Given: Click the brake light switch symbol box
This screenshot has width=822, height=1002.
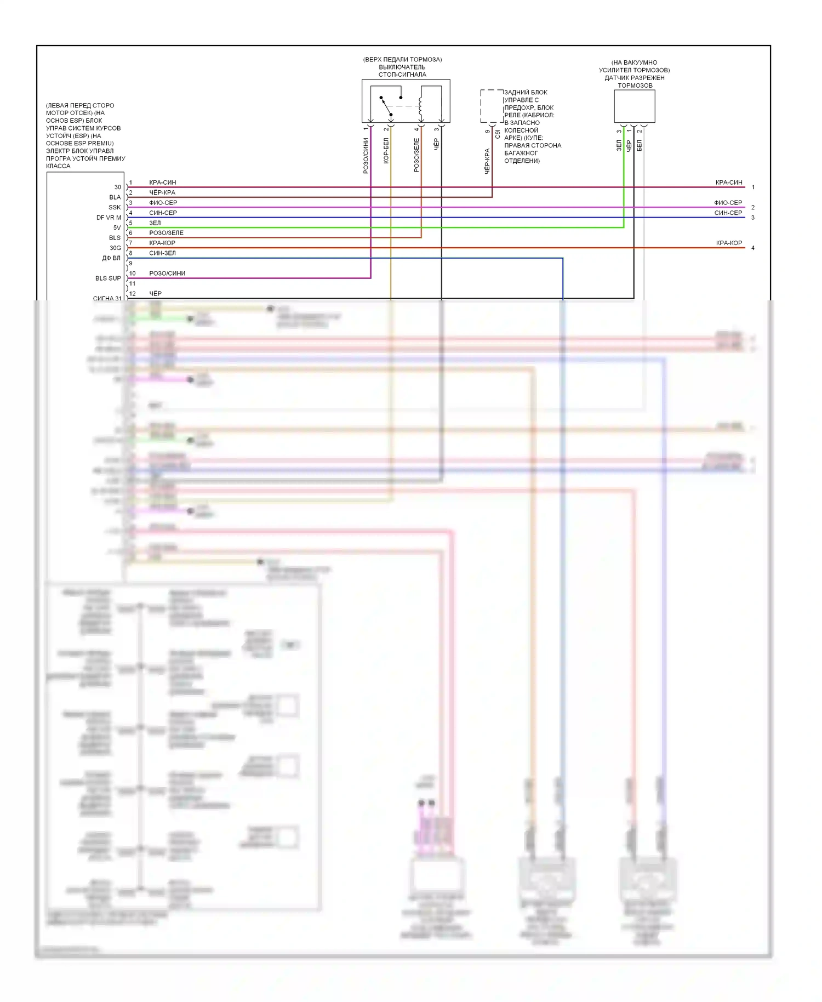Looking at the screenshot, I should [406, 101].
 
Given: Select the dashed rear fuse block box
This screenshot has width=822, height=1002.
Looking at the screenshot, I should [492, 106].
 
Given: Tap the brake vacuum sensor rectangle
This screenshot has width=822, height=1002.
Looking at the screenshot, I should [634, 106].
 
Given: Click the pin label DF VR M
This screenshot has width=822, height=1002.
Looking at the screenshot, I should [109, 218].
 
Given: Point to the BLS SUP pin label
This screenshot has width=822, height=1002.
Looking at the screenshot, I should [108, 278].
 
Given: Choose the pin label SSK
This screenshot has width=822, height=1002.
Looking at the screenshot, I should [115, 208].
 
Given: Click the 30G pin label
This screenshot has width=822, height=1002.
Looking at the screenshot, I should [115, 248].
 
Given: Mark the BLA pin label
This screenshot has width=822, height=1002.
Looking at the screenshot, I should [115, 197].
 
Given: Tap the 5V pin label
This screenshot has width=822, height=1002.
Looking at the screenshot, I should [117, 228].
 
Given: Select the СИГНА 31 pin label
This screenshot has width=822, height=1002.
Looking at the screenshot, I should [107, 299].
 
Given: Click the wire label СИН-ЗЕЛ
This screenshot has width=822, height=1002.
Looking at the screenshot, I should [162, 253].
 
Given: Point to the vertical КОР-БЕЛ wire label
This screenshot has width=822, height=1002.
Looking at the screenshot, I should [386, 151].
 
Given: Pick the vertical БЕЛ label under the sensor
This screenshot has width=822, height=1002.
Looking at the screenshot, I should [639, 145].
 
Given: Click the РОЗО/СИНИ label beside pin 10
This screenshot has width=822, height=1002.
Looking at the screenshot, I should [167, 274].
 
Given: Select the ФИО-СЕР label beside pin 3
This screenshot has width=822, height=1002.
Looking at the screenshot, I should [163, 203].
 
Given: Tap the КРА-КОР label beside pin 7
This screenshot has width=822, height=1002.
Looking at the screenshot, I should [162, 243].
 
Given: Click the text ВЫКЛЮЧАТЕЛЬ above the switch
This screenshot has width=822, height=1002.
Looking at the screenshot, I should [402, 67].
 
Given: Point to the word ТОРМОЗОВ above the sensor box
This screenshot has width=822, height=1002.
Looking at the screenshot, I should [635, 86].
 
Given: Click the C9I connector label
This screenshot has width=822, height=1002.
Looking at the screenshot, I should [498, 134].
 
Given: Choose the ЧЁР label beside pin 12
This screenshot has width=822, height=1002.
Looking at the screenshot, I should [155, 294].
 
